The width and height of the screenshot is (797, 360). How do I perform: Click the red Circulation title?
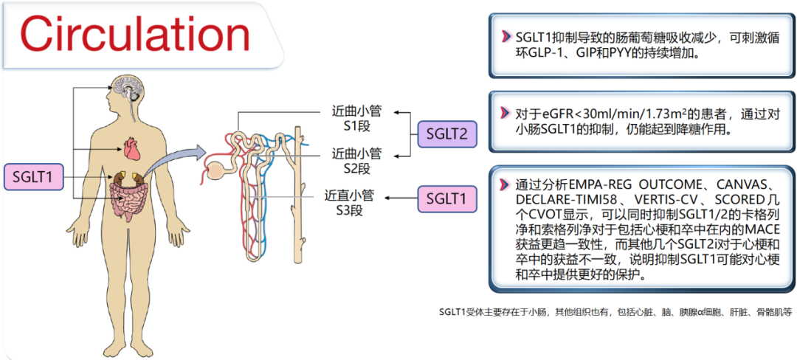coord(135,33)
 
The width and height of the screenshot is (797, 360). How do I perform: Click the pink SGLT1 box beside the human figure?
coord(35,177)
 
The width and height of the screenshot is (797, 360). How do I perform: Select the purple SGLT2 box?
coord(447,134)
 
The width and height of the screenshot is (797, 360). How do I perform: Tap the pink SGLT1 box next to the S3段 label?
coord(447,198)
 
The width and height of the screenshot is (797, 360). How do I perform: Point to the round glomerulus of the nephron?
coord(214,166)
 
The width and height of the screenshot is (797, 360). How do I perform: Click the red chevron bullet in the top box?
coord(505,37)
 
